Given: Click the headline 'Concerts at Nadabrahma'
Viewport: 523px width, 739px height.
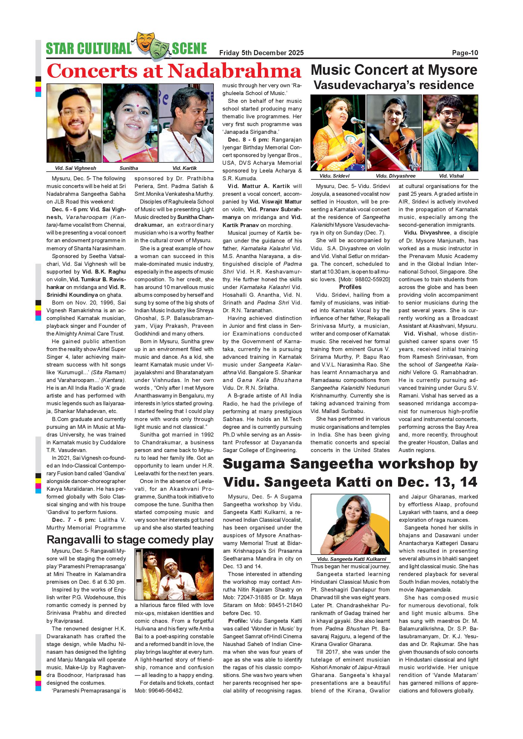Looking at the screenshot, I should coord(174,71).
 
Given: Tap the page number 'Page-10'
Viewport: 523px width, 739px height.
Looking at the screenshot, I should coord(465,53).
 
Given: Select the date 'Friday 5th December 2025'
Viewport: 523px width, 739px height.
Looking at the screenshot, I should coord(261,53).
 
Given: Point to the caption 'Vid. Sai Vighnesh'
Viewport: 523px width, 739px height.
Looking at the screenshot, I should coord(75,168).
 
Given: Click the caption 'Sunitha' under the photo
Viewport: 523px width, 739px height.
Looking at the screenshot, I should coord(129,168).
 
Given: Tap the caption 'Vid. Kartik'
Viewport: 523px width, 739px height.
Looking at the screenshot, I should coord(185,168).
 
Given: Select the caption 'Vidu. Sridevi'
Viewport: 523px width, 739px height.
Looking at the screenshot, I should coord(334,176).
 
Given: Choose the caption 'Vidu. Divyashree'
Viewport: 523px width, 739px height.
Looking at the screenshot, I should coord(395,176).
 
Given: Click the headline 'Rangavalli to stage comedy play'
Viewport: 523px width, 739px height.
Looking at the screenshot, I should coord(130,540).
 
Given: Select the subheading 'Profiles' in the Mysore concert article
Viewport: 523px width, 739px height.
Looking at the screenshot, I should coord(350,287).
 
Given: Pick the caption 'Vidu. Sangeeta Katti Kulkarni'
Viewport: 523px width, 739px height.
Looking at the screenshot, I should coord(351,559).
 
